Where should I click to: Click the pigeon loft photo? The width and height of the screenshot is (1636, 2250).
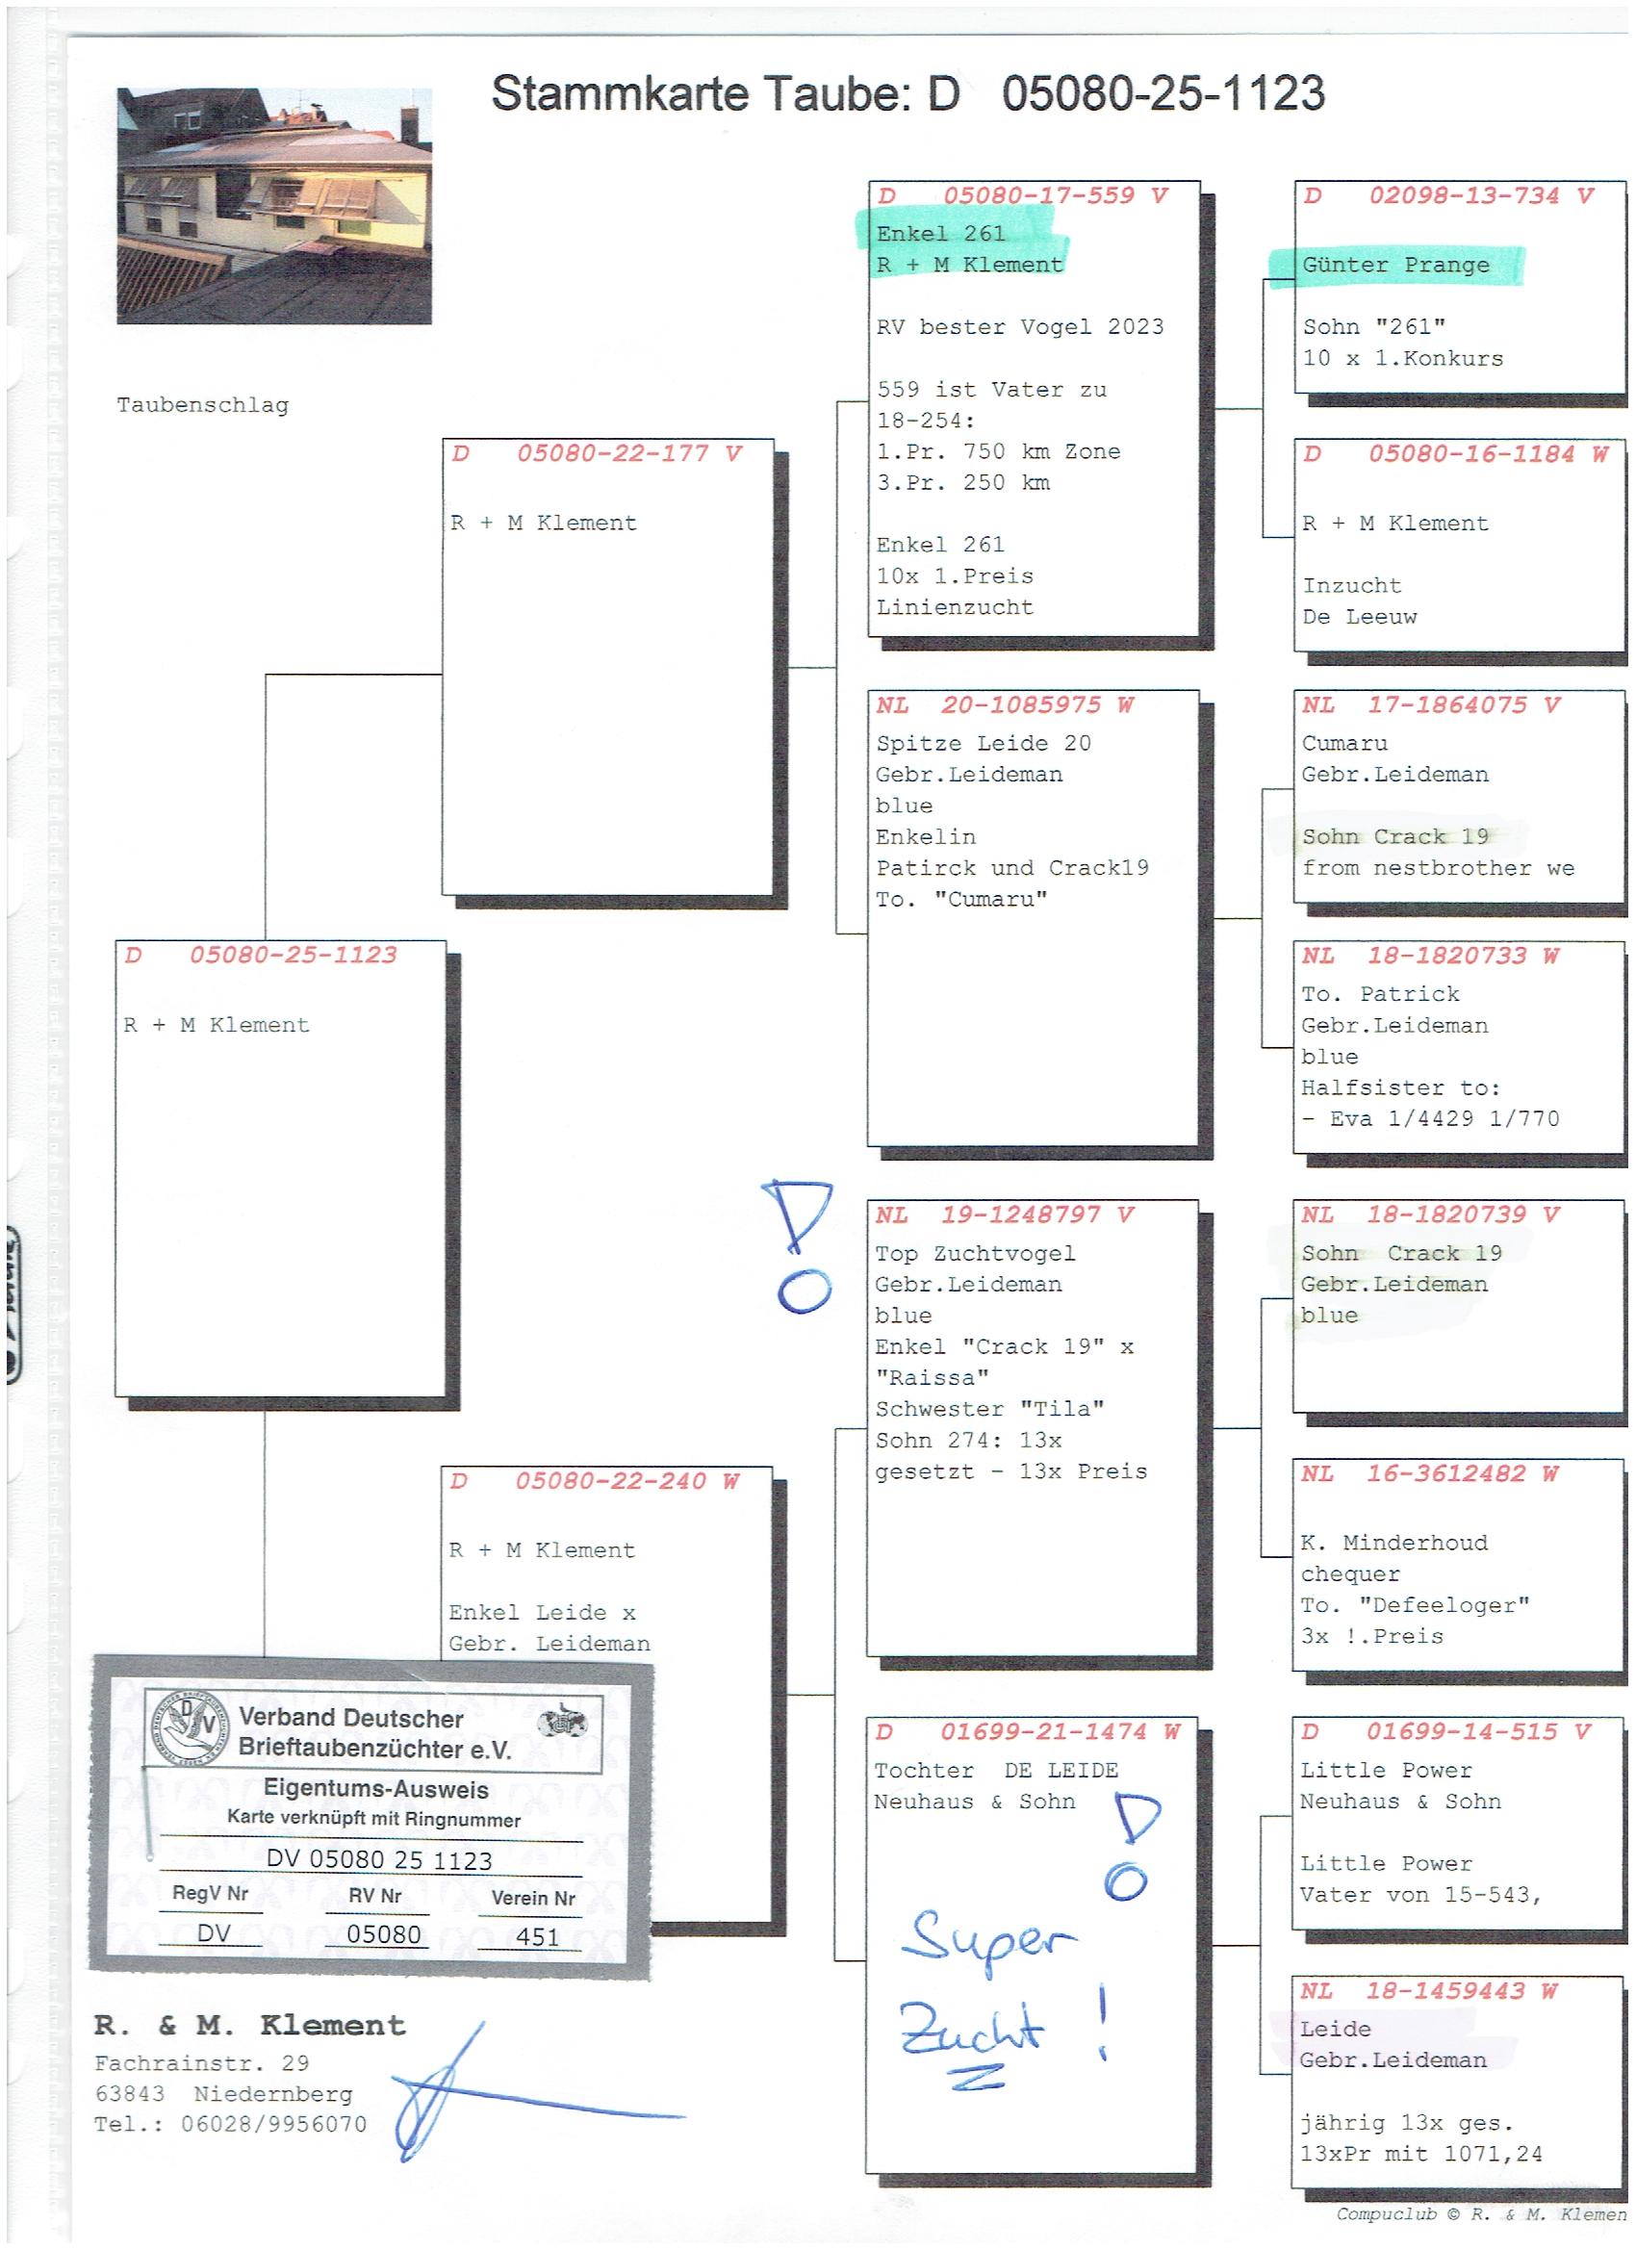tap(274, 205)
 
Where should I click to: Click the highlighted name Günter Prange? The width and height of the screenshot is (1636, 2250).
tap(1396, 265)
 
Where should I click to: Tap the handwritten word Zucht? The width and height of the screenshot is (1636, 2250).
tap(971, 2033)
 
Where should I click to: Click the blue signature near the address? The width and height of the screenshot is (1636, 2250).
tap(536, 2093)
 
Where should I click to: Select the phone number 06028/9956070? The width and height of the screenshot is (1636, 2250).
tap(274, 2124)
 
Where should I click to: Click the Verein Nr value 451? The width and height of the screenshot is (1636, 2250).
tap(537, 1936)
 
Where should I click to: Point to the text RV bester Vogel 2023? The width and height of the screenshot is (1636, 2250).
tap(1020, 327)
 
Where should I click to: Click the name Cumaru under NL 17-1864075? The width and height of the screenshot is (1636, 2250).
tap(1344, 743)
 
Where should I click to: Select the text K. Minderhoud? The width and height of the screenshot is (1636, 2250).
tap(1394, 1543)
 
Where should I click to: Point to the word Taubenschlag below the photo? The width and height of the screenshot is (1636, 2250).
tap(202, 406)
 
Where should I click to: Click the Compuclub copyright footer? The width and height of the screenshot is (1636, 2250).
tap(1481, 2214)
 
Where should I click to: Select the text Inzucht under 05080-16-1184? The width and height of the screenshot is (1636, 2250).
tap(1351, 585)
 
